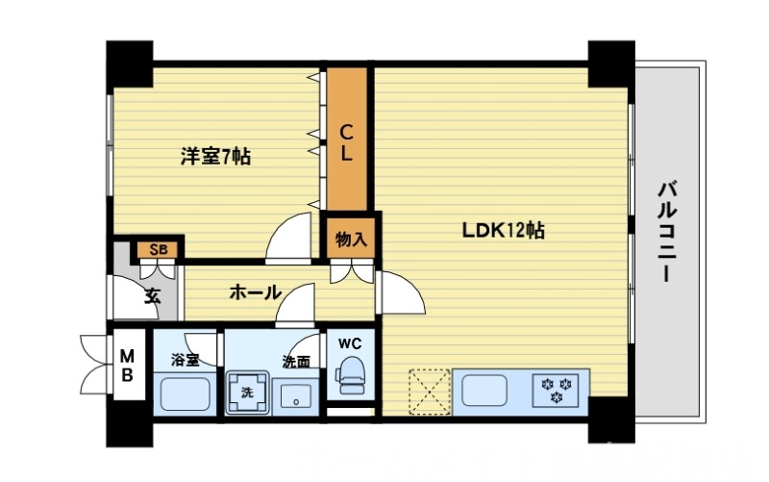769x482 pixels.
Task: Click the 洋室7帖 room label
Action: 215,156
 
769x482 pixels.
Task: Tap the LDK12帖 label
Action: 505,231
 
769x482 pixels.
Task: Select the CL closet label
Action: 346,141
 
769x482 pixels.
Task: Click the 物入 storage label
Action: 351,239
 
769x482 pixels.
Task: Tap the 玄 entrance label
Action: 153,295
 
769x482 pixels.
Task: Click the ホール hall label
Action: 255,292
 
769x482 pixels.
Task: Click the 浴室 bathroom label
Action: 185,361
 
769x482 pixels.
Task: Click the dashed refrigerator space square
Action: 429,391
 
